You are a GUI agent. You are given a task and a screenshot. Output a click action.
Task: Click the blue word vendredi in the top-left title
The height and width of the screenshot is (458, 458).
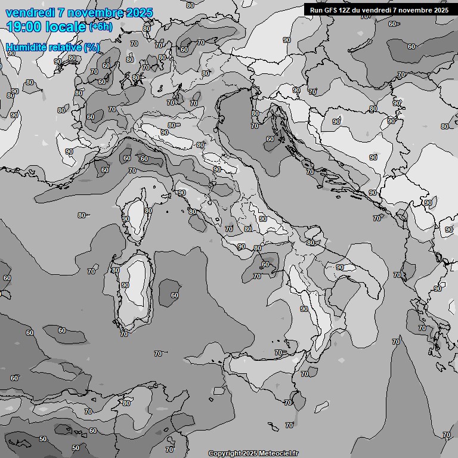27,13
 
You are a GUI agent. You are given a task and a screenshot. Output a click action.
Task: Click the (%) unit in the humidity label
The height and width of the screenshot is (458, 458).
92,47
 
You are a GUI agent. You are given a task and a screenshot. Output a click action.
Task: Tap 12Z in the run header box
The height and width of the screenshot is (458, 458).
347,10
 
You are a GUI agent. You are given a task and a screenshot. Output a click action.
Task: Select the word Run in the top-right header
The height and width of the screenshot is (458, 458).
316,10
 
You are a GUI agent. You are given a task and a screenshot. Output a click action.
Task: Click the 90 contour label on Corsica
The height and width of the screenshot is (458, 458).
126,219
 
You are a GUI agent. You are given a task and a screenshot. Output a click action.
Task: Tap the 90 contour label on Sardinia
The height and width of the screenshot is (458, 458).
125,285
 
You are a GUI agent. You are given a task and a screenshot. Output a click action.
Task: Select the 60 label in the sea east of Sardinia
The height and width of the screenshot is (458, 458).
174,295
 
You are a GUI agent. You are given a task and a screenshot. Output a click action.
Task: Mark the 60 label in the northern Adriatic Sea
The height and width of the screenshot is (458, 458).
270,139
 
